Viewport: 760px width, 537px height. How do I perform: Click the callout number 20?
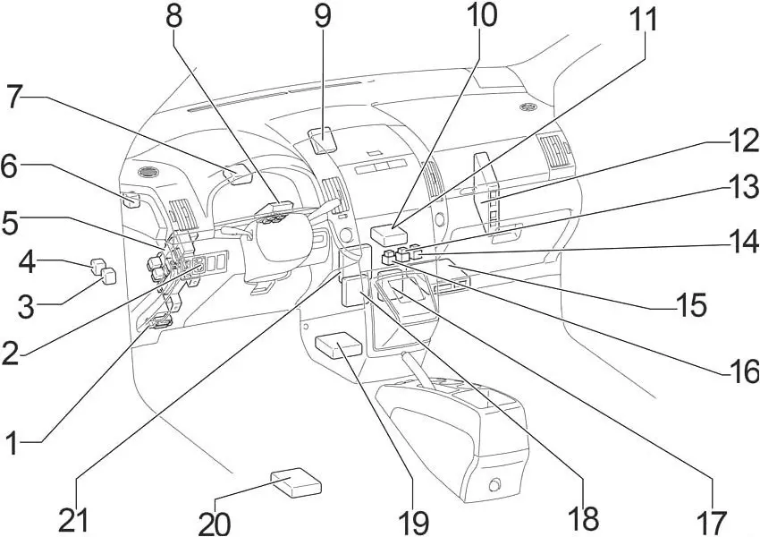coord(215,521)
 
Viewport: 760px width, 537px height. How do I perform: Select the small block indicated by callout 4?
coord(97,264)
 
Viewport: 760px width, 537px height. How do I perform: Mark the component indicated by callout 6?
coord(131,199)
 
